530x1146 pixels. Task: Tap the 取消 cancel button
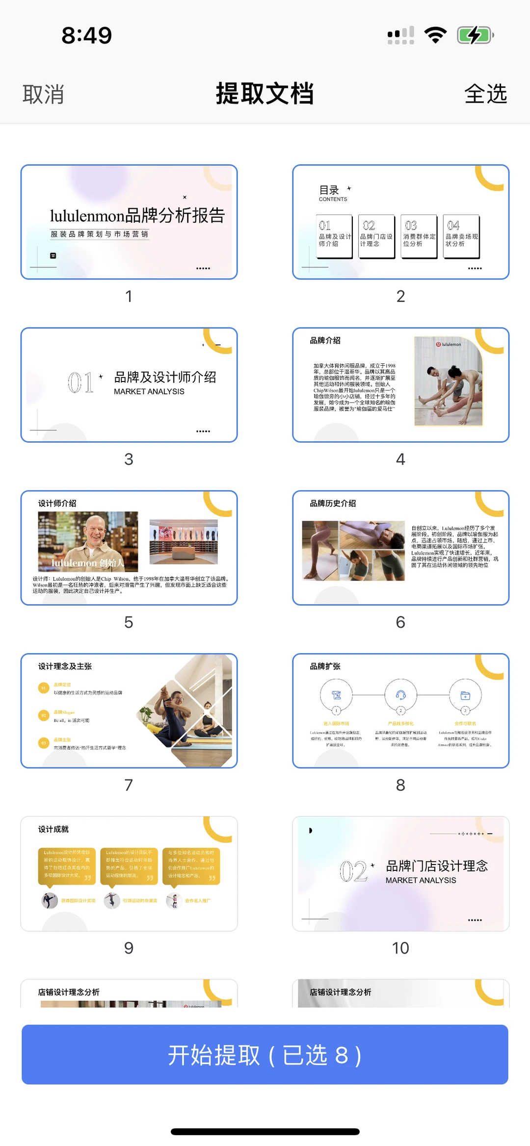point(43,94)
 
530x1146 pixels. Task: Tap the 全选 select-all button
point(485,94)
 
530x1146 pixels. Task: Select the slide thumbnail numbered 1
point(129,222)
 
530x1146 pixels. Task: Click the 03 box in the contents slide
point(419,236)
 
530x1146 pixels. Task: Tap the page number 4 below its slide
point(400,459)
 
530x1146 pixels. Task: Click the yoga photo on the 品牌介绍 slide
point(448,381)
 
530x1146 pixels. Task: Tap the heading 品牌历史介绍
point(333,503)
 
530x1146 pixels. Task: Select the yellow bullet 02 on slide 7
point(44,715)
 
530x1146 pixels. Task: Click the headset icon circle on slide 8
point(400,695)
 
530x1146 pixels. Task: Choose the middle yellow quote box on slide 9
point(129,866)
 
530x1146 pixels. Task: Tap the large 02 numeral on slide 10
point(353,871)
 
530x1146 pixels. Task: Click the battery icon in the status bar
point(475,35)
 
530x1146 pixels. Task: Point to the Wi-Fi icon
point(435,35)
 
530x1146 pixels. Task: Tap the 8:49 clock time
point(87,35)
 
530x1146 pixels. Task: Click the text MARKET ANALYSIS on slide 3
point(149,391)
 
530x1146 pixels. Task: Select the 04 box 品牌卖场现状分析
point(461,236)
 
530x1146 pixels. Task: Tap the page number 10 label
point(400,948)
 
